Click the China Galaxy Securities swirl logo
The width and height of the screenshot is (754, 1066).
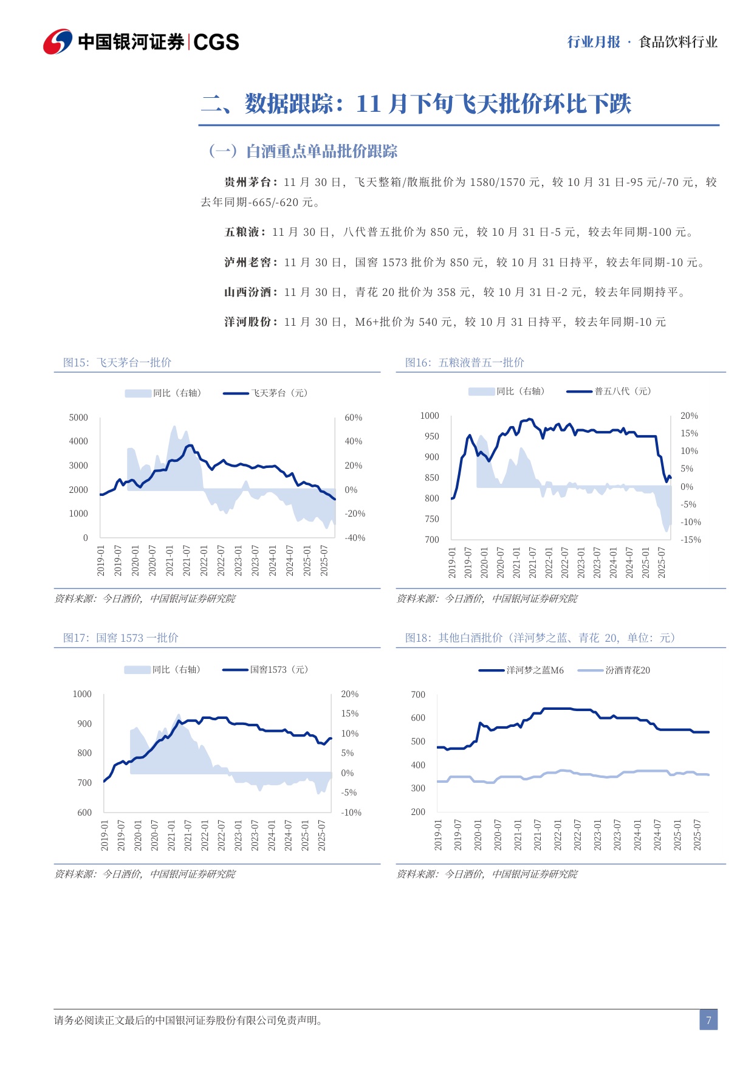pyautogui.click(x=58, y=41)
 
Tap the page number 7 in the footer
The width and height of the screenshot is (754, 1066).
pyautogui.click(x=708, y=1020)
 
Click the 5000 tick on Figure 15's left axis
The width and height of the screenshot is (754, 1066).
pyautogui.click(x=78, y=418)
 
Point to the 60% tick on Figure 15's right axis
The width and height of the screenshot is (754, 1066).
pyautogui.click(x=353, y=418)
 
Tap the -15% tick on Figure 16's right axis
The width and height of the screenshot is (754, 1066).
pyautogui.click(x=690, y=540)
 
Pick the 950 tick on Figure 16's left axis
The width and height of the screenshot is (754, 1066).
pyautogui.click(x=431, y=436)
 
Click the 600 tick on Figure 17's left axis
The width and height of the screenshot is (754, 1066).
pyautogui.click(x=84, y=813)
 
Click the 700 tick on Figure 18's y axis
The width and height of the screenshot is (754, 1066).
pyautogui.click(x=418, y=695)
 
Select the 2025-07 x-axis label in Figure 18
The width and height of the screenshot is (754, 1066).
pyautogui.click(x=697, y=834)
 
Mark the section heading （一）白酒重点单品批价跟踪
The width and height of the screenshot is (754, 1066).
pyautogui.click(x=303, y=151)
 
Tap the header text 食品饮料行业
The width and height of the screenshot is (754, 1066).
pyautogui.click(x=678, y=42)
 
